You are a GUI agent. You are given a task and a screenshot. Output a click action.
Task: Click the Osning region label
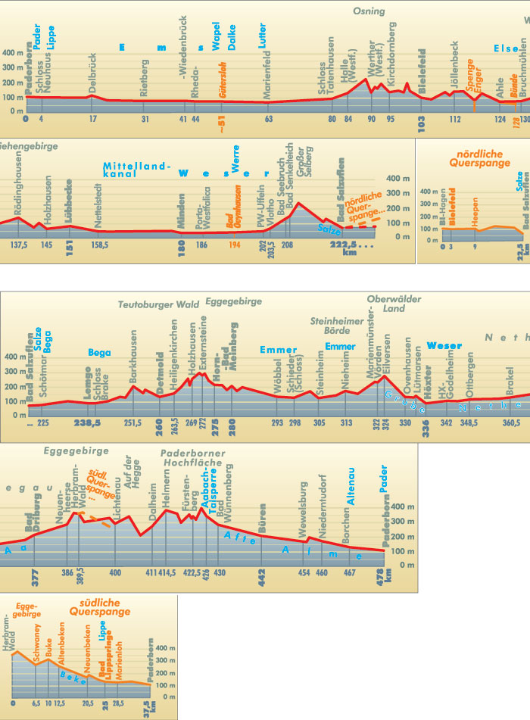pyautogui.click(x=369, y=11)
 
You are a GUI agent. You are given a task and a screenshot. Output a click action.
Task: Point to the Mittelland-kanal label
pyautogui.click(x=139, y=169)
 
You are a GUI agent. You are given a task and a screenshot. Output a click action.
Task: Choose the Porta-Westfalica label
pyautogui.click(x=201, y=207)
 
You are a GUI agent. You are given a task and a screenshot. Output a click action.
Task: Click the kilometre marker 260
pyautogui.click(x=159, y=422)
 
